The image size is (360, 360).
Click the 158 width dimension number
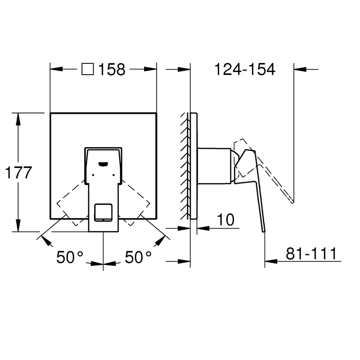tap(112, 69)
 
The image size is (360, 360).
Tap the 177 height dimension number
tap(18, 173)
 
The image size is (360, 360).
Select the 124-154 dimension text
tap(245, 69)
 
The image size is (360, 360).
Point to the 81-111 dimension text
tap(311, 254)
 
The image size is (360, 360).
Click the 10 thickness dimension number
tap(226, 220)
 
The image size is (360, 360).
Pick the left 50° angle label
tap(70, 257)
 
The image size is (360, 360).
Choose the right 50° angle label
tap(138, 257)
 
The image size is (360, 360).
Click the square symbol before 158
tap(88, 69)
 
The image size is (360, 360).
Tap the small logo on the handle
tap(103, 164)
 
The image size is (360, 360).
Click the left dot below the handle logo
tap(93, 175)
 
